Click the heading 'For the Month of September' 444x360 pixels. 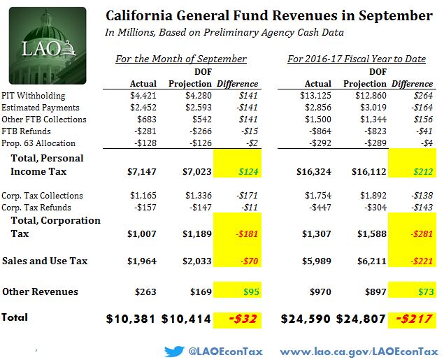[180, 59]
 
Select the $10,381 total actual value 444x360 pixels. [131, 318]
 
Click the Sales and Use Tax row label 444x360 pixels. [45, 261]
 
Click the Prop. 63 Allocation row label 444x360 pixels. [38, 143]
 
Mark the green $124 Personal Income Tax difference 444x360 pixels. [245, 172]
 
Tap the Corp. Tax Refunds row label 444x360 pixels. [36, 208]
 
